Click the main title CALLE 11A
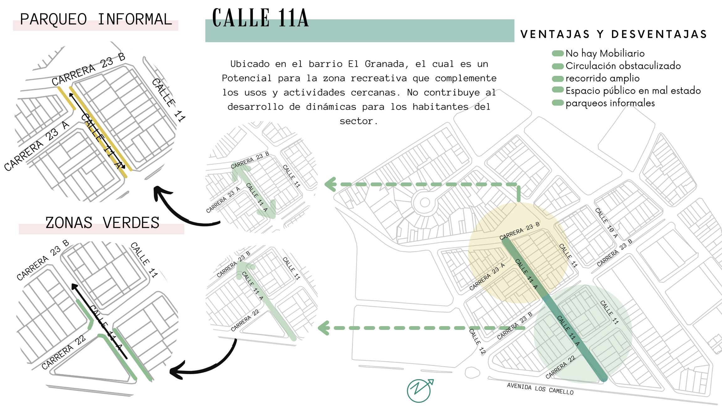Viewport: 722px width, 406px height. coord(260,18)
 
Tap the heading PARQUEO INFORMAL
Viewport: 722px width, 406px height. coord(96,19)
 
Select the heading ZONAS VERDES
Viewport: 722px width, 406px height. coord(102,223)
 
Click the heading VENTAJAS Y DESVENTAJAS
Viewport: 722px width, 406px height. coord(614,34)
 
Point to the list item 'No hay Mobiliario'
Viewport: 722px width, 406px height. coord(605,54)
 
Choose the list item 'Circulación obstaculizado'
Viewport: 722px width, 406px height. coord(623,66)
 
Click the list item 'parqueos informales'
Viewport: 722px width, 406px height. coord(610,103)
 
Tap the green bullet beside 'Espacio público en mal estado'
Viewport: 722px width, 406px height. coord(558,90)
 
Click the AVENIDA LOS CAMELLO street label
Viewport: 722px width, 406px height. coord(540,389)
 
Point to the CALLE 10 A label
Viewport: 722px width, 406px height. coord(606,223)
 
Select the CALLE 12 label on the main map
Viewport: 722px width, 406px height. coord(477,341)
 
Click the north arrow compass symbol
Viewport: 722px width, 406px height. coord(420,390)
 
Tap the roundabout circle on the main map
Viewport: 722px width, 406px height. coord(425,202)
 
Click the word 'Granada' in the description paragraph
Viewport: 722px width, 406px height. coord(387,64)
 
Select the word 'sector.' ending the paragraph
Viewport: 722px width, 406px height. coord(359,121)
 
